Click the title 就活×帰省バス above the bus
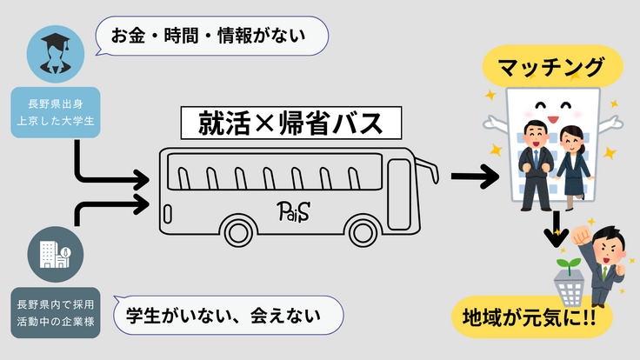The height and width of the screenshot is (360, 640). [290, 123]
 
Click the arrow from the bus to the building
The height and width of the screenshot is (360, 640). [474, 177]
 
